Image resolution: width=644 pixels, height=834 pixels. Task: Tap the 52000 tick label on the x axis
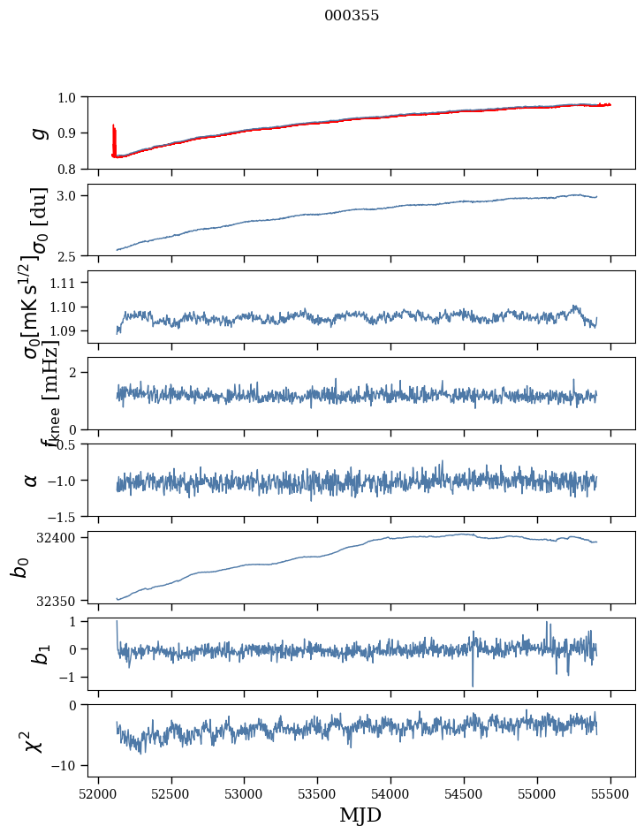[x=98, y=792]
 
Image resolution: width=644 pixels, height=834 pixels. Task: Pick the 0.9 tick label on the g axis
[x=68, y=133]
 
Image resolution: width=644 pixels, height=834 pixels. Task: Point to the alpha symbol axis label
[x=31, y=480]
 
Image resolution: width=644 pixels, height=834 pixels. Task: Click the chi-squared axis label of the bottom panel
[x=33, y=741]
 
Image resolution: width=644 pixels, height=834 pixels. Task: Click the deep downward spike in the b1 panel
[x=473, y=684]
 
